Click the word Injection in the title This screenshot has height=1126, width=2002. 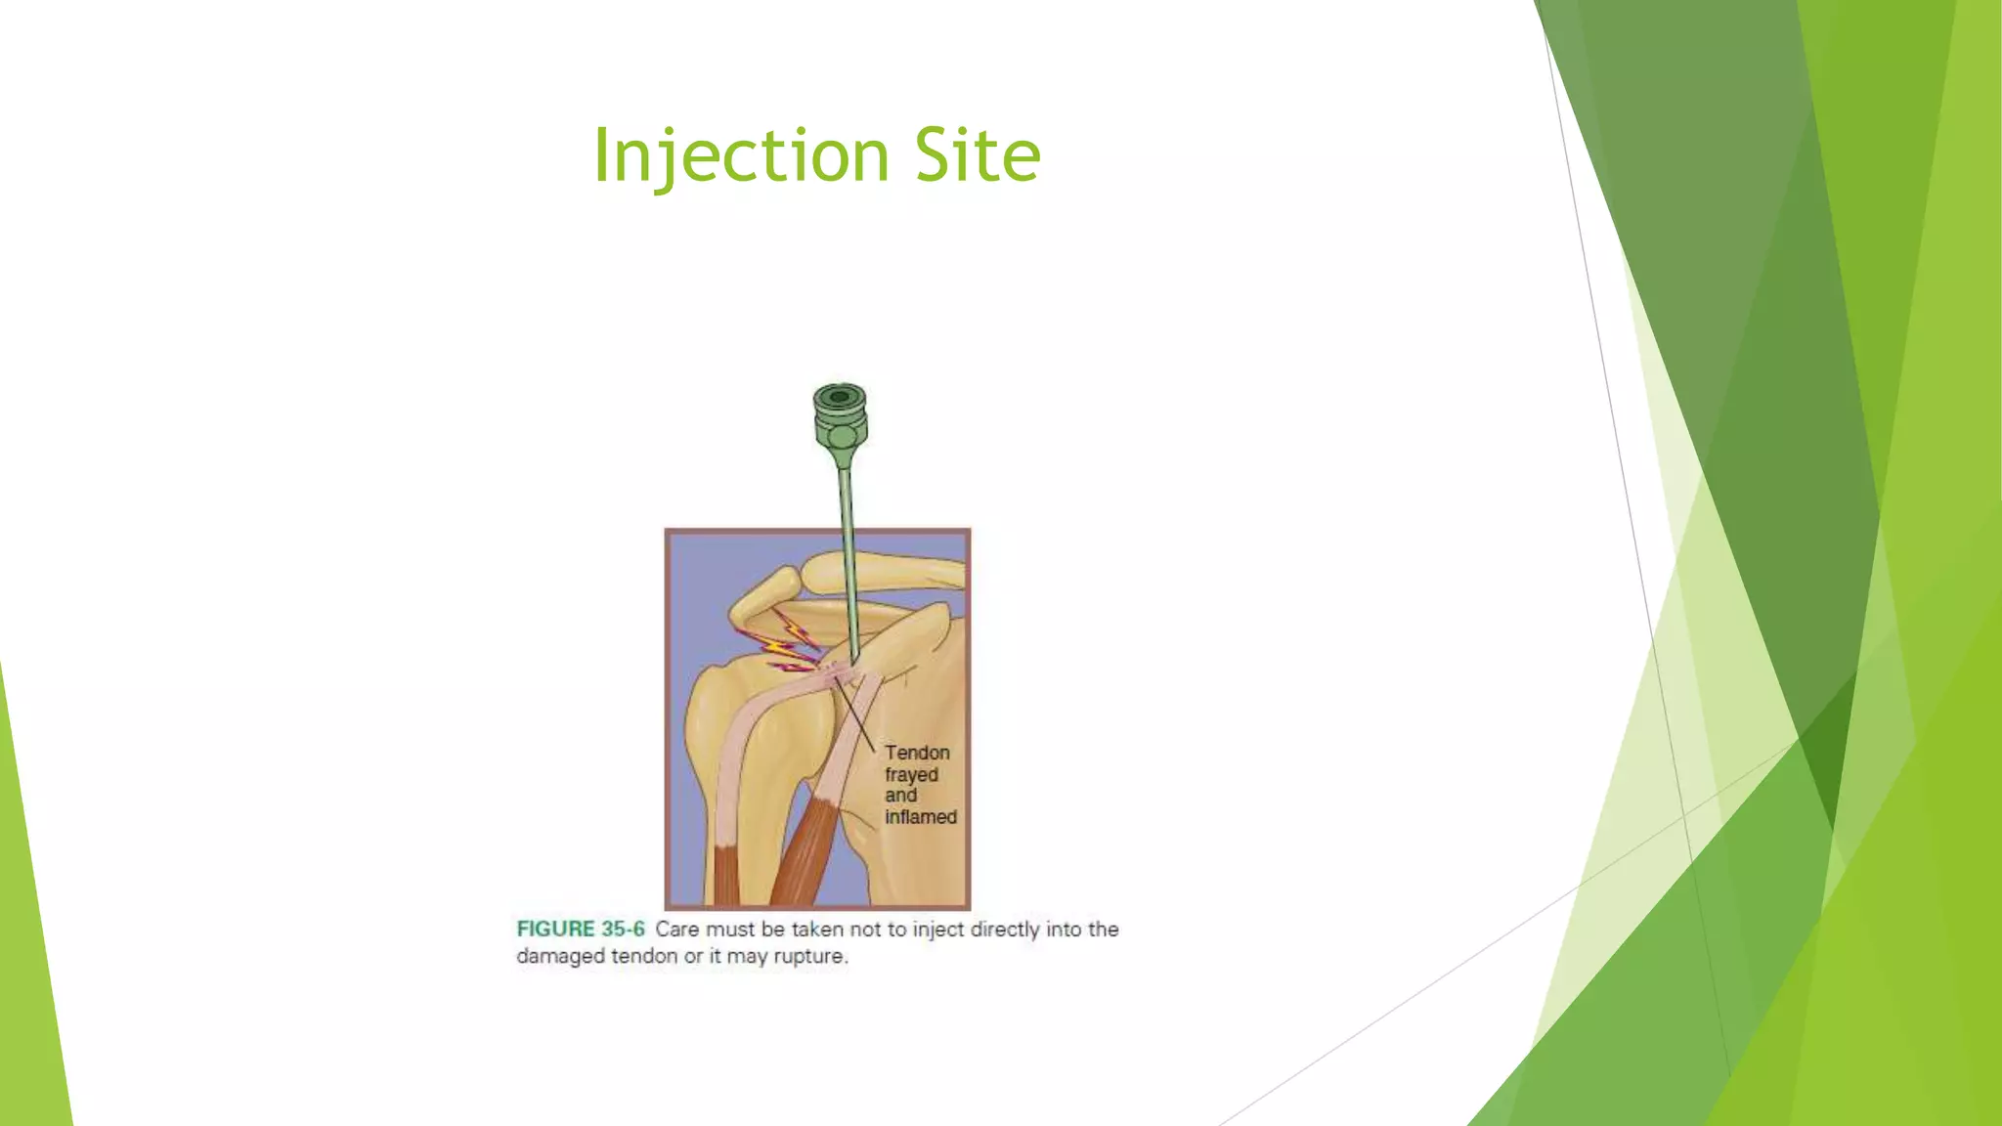point(740,155)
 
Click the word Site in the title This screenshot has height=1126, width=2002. point(978,155)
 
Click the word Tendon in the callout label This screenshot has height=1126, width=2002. point(917,753)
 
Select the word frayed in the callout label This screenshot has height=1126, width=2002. point(911,774)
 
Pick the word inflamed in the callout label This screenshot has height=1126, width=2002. point(920,817)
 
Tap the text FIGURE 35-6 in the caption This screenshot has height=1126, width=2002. point(581,930)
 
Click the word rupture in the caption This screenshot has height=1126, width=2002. point(809,957)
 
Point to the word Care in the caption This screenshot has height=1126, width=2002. point(677,930)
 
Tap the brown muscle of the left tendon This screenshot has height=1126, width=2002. point(727,875)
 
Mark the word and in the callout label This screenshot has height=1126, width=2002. point(900,796)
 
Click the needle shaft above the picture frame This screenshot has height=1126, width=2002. point(846,498)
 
